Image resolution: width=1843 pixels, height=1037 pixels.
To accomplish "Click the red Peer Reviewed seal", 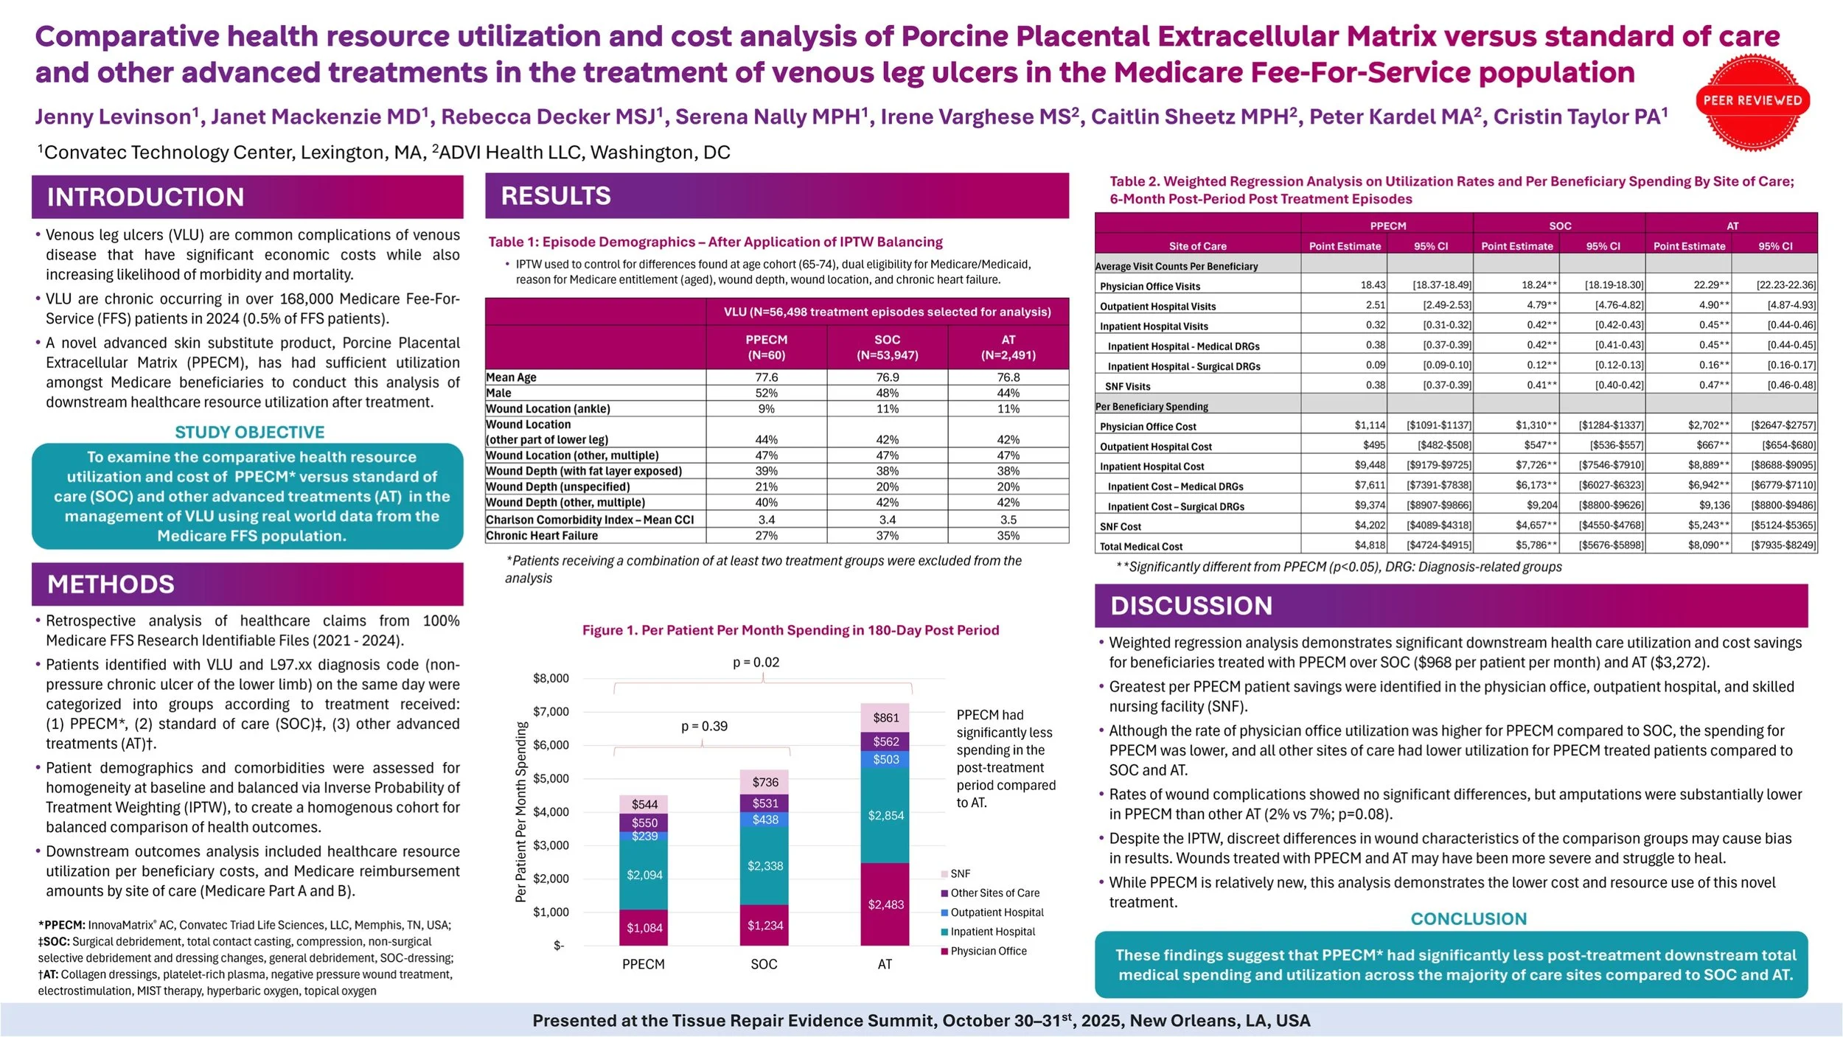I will tap(1752, 102).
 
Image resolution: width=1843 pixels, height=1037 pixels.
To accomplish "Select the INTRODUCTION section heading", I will tap(145, 197).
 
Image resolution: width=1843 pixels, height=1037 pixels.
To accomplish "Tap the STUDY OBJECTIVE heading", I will tap(249, 432).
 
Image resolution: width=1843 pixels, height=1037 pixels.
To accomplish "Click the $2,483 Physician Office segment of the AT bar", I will tap(885, 904).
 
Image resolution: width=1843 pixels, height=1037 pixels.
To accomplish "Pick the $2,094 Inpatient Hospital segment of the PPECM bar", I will tap(644, 875).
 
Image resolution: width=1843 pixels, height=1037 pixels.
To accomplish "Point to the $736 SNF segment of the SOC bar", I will tap(764, 782).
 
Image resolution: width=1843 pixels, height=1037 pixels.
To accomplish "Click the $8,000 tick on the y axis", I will tap(551, 678).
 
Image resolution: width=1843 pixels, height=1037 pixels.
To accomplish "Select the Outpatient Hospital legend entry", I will tap(996, 912).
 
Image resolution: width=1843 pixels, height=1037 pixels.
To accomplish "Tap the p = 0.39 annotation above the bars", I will tap(703, 727).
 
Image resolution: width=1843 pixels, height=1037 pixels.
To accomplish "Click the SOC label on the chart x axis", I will tap(764, 964).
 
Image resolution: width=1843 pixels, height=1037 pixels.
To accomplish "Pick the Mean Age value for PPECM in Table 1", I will tap(766, 377).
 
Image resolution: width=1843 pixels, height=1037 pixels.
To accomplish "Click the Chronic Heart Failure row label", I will tap(541, 536).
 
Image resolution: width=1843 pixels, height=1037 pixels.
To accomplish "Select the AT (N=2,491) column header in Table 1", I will tap(1008, 347).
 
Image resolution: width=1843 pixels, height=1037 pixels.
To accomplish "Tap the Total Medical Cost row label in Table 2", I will tap(1140, 547).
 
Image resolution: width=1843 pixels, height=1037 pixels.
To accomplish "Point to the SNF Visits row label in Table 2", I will tap(1127, 386).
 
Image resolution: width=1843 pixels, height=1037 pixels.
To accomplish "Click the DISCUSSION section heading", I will tap(1191, 606).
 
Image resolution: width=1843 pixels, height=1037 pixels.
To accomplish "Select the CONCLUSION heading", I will tap(1468, 919).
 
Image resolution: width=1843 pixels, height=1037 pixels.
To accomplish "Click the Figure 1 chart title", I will tap(790, 630).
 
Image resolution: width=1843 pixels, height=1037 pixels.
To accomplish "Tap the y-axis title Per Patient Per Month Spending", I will tap(521, 811).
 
